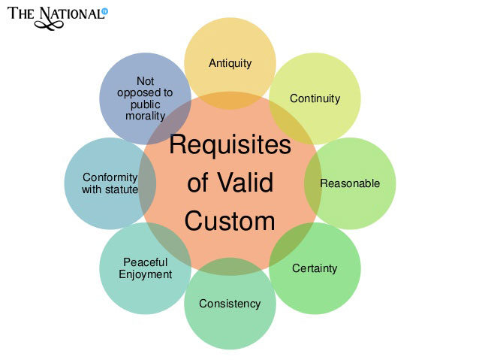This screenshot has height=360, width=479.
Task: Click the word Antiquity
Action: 230,63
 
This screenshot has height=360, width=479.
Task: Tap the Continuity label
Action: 315,98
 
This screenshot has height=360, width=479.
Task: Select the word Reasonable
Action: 350,183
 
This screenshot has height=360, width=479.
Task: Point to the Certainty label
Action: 315,268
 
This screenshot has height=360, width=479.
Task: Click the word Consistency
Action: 230,304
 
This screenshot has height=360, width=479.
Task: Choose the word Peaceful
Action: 145,262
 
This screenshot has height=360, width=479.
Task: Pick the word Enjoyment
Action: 145,274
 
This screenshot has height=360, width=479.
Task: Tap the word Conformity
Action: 110,177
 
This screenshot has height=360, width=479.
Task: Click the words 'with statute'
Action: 110,189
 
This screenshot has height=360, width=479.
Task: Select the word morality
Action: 145,116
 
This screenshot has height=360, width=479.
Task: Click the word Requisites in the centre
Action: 230,145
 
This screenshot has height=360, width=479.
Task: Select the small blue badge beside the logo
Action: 104,11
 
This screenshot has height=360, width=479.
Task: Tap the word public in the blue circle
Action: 145,104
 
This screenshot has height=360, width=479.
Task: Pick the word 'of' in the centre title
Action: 198,183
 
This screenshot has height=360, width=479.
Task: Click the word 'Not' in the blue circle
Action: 145,80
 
